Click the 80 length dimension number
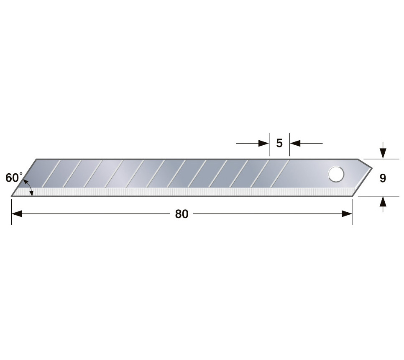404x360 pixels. pos(182,214)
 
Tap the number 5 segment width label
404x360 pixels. pos(279,143)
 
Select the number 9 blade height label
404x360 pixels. pos(383,178)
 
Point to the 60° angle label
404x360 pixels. pos(14,177)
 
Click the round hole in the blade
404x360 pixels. pos(336,174)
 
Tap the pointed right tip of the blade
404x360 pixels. pos(372,168)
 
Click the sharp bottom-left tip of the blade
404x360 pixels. pos(11,196)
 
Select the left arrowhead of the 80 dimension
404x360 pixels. pos(16,214)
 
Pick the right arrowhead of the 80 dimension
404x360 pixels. pos(347,214)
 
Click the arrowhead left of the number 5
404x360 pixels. pos(264,143)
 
